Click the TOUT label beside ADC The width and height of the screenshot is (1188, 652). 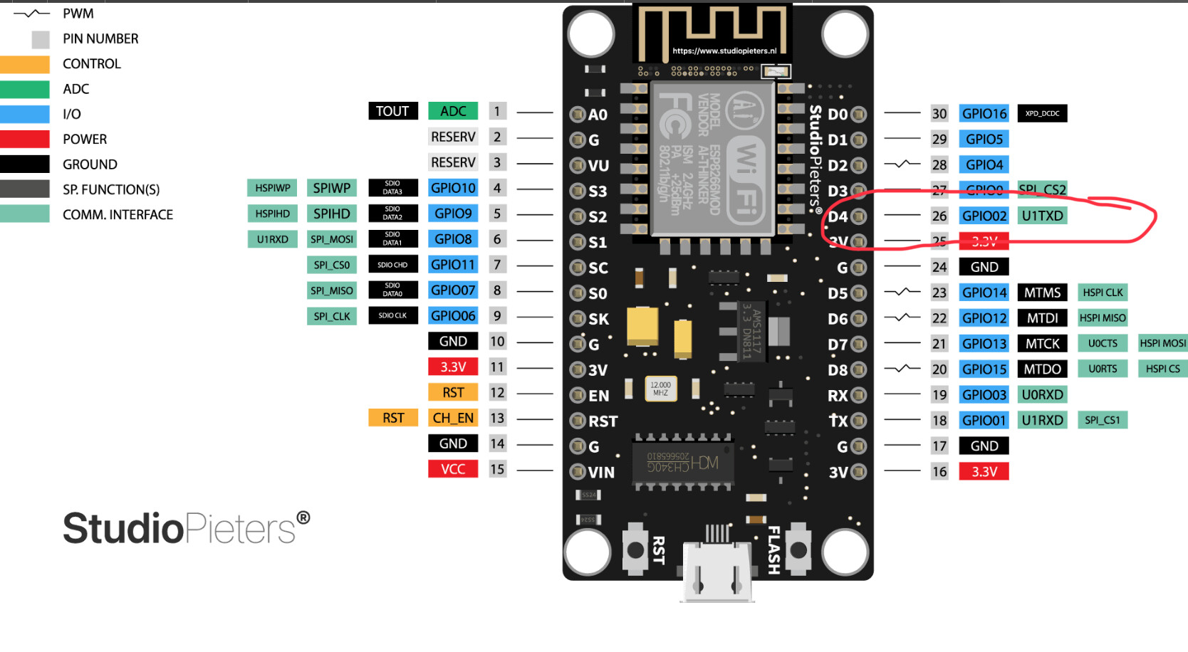click(392, 111)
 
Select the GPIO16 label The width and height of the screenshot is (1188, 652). click(984, 114)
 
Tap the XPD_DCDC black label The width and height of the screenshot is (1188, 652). click(1042, 114)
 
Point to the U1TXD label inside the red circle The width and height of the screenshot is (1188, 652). click(1042, 216)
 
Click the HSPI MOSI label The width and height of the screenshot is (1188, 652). click(1162, 343)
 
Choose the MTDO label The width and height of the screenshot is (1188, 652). click(1043, 369)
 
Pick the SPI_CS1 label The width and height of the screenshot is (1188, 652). click(1102, 420)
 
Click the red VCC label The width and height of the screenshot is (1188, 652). click(453, 469)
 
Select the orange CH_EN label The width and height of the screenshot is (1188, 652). click(453, 418)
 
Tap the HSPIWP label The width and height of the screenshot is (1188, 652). click(273, 188)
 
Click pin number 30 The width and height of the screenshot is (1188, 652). click(939, 114)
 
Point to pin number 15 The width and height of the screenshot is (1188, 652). click(497, 469)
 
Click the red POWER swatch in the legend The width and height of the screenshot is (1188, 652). click(25, 140)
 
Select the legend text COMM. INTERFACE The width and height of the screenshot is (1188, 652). click(118, 215)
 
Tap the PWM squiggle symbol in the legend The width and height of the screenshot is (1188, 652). click(31, 14)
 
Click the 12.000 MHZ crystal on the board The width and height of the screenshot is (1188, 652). click(660, 389)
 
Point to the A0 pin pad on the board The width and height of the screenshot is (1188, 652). click(578, 115)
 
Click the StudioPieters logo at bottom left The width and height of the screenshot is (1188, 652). click(186, 528)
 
